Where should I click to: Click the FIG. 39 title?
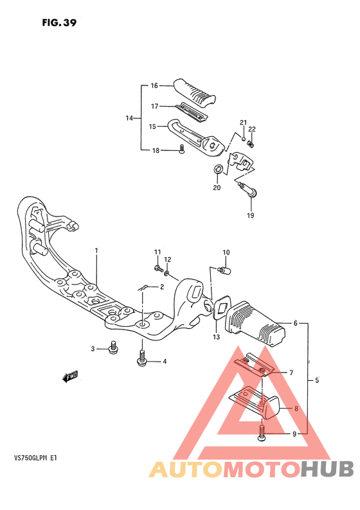coord(59,22)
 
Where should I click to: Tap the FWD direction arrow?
coord(70,376)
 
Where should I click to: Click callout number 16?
coord(154,85)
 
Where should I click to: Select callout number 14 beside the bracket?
coord(129,118)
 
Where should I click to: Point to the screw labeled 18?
coord(182,149)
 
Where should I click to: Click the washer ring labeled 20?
coord(218,169)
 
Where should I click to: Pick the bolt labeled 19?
coord(248,190)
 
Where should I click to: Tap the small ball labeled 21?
coord(243,139)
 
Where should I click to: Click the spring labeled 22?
coord(251,143)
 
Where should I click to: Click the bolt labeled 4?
coord(141,358)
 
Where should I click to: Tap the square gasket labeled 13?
coord(221,307)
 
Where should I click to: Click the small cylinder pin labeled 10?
coord(224,270)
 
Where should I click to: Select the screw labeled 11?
coord(159,268)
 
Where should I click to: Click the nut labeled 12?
coord(166,273)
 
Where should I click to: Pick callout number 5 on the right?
coord(317,380)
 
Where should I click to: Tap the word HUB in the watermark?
coord(327,469)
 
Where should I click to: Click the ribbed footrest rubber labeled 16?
coord(195,91)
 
